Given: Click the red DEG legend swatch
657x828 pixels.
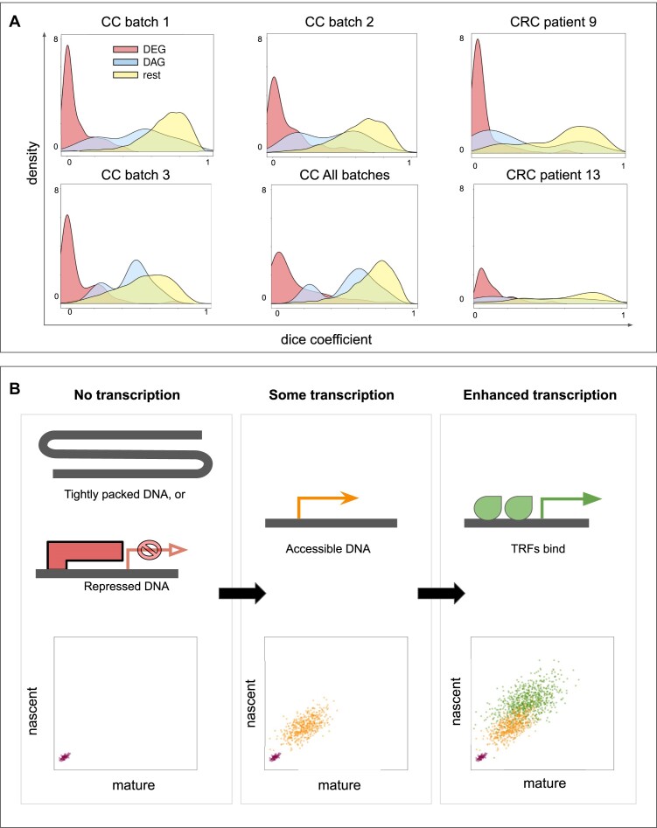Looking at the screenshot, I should [x=125, y=51].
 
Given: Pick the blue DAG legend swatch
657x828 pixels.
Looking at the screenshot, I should [x=125, y=63].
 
